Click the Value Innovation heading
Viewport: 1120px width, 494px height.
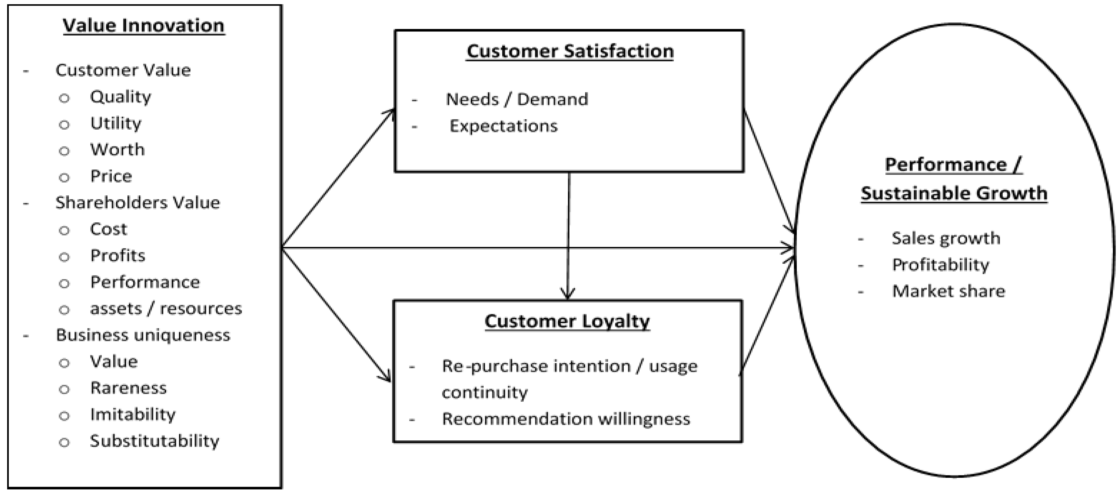point(144,25)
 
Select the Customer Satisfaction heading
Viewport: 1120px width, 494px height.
point(569,51)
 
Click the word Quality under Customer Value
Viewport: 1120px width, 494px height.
point(121,97)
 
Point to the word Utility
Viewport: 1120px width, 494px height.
point(116,123)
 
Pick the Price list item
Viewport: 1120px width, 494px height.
point(111,176)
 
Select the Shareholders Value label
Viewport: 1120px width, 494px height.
point(137,203)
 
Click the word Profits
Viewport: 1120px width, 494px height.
point(117,256)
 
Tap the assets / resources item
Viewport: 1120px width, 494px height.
point(166,309)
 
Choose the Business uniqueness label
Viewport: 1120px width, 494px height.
point(143,335)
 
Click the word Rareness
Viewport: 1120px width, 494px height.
point(128,388)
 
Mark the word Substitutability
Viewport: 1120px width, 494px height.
point(154,441)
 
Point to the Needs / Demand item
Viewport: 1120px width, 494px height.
point(516,99)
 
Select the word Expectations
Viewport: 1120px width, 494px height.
point(503,126)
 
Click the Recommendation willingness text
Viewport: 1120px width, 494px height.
point(566,419)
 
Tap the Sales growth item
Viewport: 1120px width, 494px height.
point(946,238)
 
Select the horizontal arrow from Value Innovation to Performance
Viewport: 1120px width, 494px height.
point(539,248)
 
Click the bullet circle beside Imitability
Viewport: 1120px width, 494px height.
point(64,416)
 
